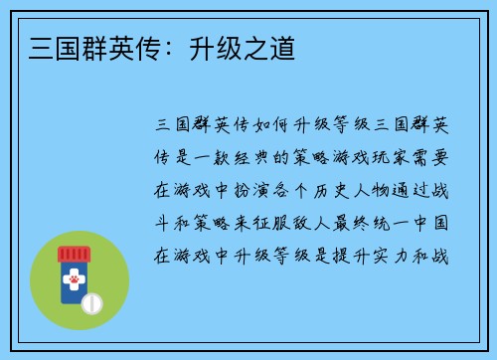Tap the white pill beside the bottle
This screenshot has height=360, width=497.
coord(92,300)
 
